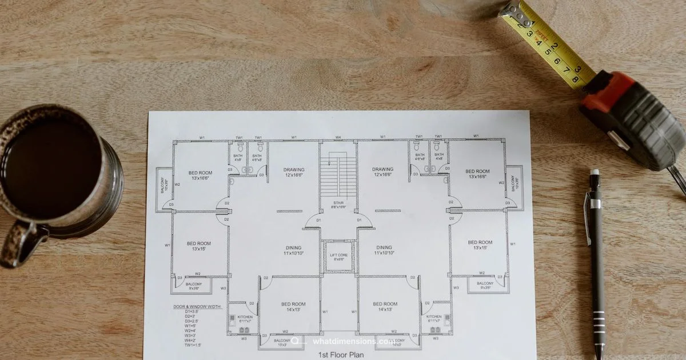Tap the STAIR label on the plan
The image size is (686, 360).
point(339,203)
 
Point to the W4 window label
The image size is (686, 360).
point(338,137)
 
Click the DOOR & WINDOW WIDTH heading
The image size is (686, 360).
point(197,307)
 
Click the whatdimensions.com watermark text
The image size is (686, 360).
point(353,342)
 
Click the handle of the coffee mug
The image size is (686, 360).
point(17,246)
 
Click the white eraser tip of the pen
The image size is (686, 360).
point(595,172)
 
